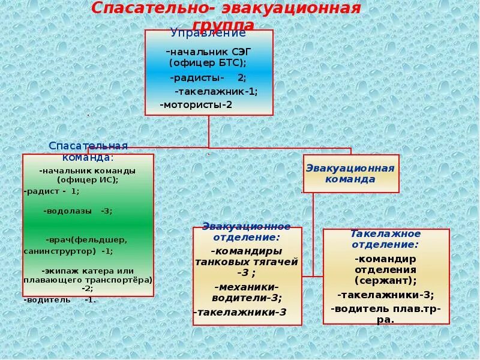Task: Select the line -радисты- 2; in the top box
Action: click(x=208, y=78)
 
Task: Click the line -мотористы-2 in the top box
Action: click(x=196, y=104)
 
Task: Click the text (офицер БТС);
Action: click(x=208, y=62)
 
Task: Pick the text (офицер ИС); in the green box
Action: click(x=88, y=179)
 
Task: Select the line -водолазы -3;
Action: click(x=78, y=211)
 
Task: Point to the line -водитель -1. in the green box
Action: click(x=59, y=299)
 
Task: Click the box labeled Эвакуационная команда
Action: click(x=350, y=173)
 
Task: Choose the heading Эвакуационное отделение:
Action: click(x=246, y=232)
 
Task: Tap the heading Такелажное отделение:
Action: click(x=385, y=239)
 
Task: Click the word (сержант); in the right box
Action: click(x=385, y=280)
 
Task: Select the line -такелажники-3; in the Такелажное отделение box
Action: click(x=385, y=295)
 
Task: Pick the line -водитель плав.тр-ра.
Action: click(x=385, y=314)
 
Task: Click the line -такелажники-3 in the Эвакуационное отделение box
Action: click(x=240, y=312)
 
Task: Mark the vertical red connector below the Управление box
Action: click(x=209, y=131)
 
